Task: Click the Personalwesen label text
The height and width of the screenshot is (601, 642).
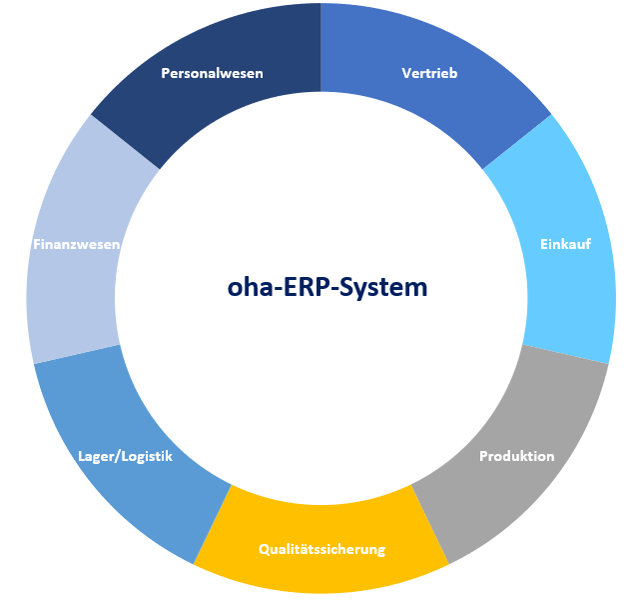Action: point(212,73)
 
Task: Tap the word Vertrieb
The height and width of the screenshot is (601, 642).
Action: point(429,73)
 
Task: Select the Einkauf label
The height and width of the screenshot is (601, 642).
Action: point(565,244)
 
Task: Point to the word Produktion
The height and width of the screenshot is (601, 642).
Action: point(517,456)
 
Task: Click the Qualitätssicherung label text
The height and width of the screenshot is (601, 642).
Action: point(321,549)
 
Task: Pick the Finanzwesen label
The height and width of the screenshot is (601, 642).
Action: point(77,244)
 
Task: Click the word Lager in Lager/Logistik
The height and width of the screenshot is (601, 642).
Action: point(96,457)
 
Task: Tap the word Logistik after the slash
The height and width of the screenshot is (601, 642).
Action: point(147,457)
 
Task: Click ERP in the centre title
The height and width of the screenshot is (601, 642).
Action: point(307,287)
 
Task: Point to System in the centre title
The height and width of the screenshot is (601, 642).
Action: point(383,288)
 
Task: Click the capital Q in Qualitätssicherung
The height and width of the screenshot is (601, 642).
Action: point(265,550)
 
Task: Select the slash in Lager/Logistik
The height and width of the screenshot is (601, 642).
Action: point(118,457)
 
